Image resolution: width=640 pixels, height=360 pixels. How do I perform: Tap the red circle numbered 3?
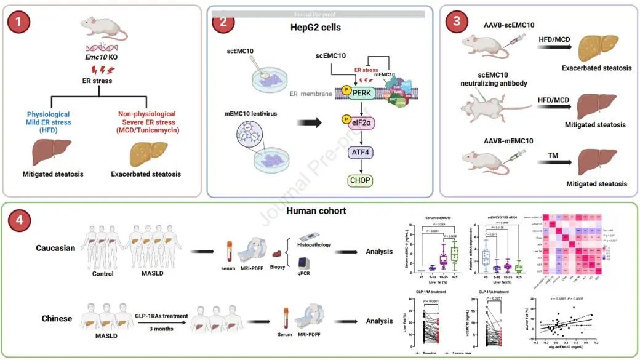pos(455,20)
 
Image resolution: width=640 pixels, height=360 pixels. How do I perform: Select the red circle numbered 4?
pos(21,220)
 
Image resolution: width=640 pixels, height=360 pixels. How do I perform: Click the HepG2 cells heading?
pos(315,28)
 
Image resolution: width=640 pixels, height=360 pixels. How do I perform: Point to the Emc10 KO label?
pos(100,58)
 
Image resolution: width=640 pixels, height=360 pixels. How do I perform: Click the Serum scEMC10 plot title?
pos(434,218)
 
